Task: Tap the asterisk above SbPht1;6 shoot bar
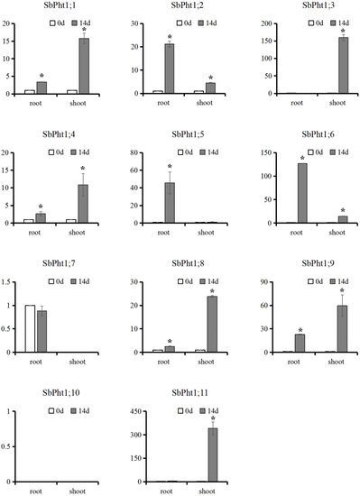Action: pos(343,211)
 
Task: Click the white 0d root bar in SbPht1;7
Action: pos(30,329)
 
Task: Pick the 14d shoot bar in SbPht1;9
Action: pos(343,329)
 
